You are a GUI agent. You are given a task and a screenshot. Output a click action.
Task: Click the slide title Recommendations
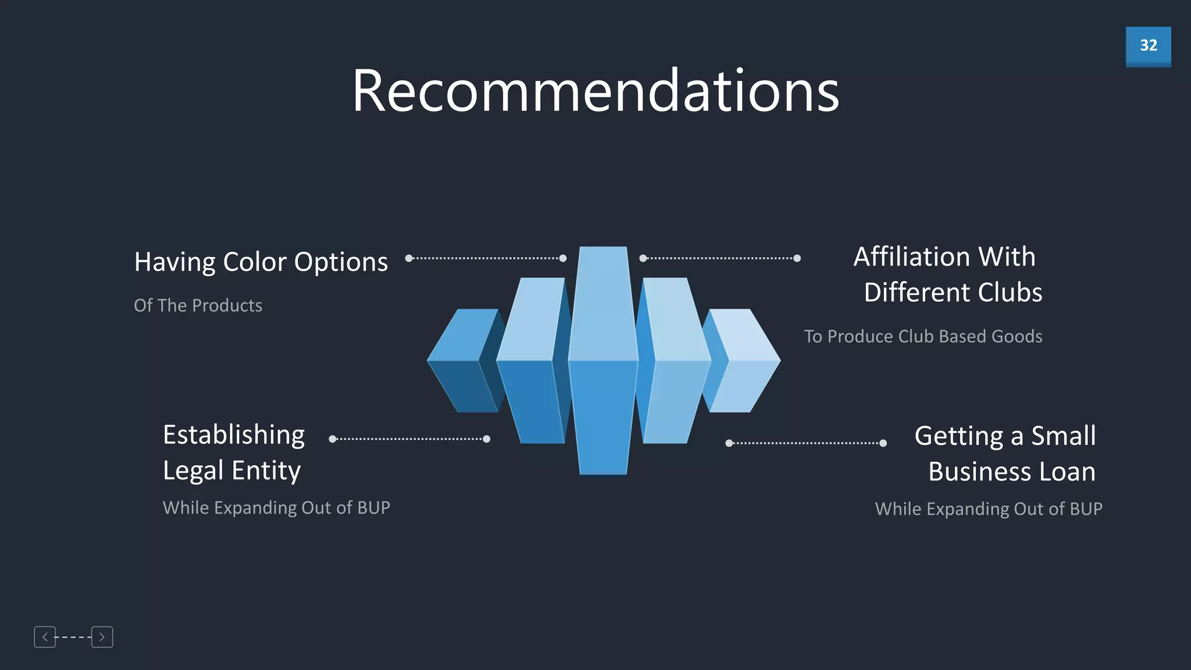point(595,91)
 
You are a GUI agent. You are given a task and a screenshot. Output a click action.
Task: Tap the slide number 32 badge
point(1148,46)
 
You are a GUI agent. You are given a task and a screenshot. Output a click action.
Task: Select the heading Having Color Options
point(261,262)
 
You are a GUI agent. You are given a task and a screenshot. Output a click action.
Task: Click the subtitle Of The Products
point(198,305)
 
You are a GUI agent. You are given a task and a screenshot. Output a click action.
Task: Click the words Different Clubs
point(953,292)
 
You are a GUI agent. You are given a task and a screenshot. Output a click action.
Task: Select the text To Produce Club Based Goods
point(923,336)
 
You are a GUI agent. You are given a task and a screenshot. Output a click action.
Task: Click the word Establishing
point(234,434)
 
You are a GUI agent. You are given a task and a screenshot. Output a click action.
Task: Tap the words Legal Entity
point(231,471)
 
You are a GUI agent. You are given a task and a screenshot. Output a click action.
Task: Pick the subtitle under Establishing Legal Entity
point(276,508)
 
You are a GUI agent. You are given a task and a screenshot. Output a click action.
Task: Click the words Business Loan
point(1011,472)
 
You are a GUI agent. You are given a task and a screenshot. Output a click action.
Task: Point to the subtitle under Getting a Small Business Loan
point(988,509)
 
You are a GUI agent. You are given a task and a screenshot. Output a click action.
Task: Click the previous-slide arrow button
point(45,637)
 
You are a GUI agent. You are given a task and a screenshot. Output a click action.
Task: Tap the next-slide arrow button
point(102,637)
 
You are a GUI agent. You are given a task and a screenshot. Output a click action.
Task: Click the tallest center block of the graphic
point(603,361)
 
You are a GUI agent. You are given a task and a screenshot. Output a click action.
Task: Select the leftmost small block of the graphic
point(462,361)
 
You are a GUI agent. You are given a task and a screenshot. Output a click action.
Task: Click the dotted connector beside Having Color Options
point(486,258)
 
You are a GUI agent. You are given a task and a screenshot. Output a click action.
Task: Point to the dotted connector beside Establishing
point(409,439)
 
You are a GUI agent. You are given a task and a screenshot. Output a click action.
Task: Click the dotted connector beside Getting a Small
point(806,443)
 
